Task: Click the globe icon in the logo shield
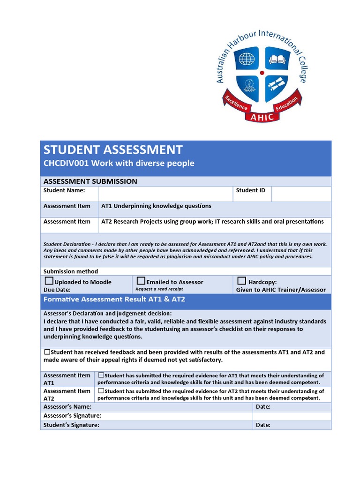click(x=246, y=59)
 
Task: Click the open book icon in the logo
click(x=277, y=59)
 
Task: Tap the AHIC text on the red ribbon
click(x=262, y=117)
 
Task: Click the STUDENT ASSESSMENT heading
click(x=113, y=150)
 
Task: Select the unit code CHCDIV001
click(x=66, y=164)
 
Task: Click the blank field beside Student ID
click(x=301, y=194)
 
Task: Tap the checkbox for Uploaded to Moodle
click(x=49, y=281)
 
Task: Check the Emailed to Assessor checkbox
click(x=141, y=281)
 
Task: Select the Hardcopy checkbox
click(x=241, y=281)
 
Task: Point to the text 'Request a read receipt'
click(x=159, y=289)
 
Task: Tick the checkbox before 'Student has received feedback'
click(x=47, y=352)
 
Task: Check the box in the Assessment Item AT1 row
click(x=101, y=375)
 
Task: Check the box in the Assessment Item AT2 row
click(x=101, y=390)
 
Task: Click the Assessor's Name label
click(x=67, y=407)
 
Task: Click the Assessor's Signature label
click(x=72, y=416)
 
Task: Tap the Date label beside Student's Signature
click(x=263, y=425)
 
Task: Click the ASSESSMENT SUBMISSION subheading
click(x=90, y=181)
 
